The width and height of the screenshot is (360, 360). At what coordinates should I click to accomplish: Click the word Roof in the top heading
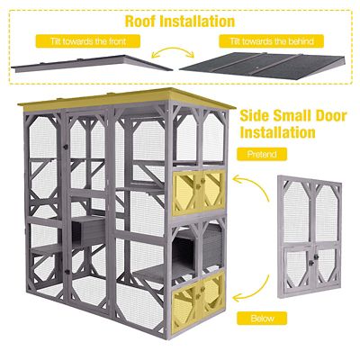pyautogui.click(x=143, y=20)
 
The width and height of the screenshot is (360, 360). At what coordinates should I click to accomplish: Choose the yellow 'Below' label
pyautogui.click(x=262, y=319)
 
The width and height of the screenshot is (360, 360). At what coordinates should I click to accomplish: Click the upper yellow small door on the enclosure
pyautogui.click(x=199, y=189)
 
